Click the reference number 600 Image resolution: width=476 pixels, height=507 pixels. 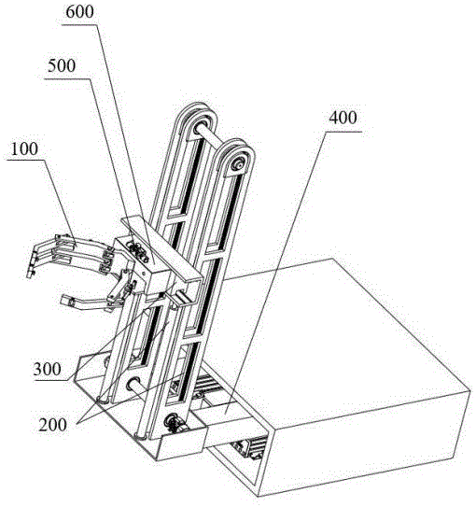pos(79,11)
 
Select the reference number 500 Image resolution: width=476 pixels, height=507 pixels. pos(62,65)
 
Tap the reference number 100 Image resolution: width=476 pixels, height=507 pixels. pos(24,148)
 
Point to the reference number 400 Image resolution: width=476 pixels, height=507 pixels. pos(343,118)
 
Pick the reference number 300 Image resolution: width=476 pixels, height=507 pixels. pos(48,369)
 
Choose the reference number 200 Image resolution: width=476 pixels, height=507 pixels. pos(52,425)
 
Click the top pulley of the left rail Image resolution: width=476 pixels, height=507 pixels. pos(199,124)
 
